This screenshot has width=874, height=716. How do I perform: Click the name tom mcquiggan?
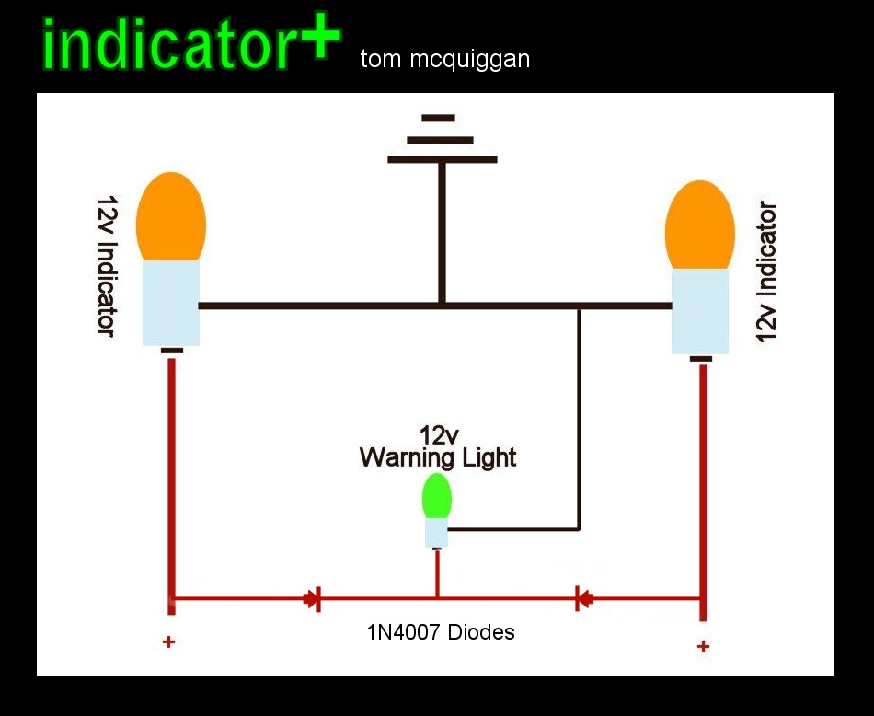pos(445,60)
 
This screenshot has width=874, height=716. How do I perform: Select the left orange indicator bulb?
pos(170,217)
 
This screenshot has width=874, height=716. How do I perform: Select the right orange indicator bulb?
pos(700,225)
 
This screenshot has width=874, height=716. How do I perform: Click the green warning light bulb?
pos(436,496)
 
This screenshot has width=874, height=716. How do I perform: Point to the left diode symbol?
pos(312,599)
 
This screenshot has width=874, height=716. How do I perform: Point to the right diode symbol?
pos(582,599)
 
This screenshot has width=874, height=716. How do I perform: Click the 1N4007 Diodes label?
pos(441,632)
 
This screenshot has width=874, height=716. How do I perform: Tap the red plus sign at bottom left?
pos(168,641)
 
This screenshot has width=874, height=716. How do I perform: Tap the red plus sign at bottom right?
pos(703,646)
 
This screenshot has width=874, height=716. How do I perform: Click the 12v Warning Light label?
pos(438,447)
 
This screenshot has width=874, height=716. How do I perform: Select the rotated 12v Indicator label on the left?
pos(105,266)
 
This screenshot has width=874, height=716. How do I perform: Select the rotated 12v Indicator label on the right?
pos(766,271)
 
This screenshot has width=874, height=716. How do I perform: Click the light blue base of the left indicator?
pos(171,302)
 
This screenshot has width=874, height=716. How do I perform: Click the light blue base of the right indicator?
pos(700,311)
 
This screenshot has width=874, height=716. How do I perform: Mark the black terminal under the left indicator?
pos(172,351)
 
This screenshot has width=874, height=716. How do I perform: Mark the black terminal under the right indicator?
pos(701,359)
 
